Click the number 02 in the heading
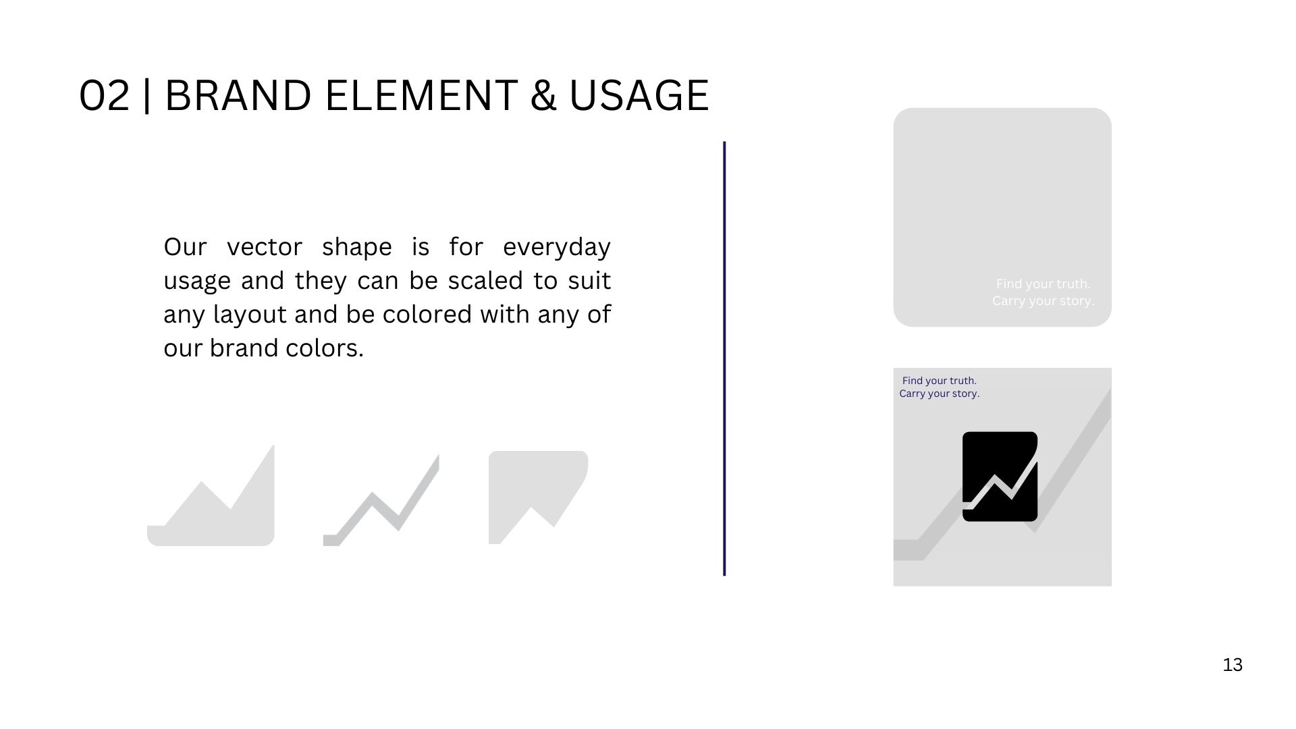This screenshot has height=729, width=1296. [105, 95]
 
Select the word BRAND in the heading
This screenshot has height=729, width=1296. [238, 95]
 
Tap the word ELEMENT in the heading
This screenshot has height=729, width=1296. [421, 95]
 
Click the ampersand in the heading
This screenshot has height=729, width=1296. [543, 95]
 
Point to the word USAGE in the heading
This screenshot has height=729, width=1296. [639, 95]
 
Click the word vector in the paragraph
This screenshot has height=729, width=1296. [264, 247]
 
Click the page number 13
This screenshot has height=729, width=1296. [1233, 665]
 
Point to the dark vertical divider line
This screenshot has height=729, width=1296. [724, 358]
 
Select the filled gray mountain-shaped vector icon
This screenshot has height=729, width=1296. [211, 495]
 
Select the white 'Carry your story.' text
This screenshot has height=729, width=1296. [1043, 301]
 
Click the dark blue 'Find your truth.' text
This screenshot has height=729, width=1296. [939, 381]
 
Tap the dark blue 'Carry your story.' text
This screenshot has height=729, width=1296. [939, 394]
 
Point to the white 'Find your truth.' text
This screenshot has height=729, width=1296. [1043, 284]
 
